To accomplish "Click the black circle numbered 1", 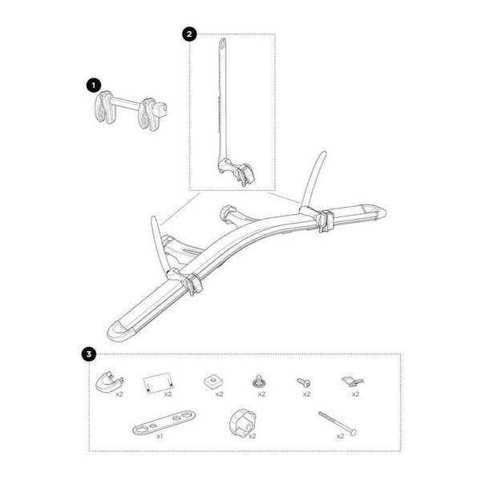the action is click(x=94, y=86).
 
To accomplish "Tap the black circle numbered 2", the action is click(x=189, y=34).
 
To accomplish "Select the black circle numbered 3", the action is click(x=89, y=354).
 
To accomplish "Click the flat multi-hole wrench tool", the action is click(x=164, y=422).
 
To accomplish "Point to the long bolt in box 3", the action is click(x=338, y=423).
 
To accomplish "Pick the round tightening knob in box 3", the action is click(x=242, y=423).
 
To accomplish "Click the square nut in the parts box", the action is click(x=213, y=382).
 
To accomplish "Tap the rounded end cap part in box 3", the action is click(x=109, y=382).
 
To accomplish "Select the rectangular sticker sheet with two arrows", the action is click(x=158, y=383).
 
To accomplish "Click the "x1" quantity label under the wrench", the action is click(x=160, y=436).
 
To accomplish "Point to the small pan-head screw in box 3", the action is click(x=304, y=382).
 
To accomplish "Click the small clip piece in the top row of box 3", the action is click(x=353, y=382).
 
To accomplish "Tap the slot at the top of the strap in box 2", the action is click(x=222, y=44).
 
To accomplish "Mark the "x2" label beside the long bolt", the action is click(x=340, y=436).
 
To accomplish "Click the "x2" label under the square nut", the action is click(x=219, y=394).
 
